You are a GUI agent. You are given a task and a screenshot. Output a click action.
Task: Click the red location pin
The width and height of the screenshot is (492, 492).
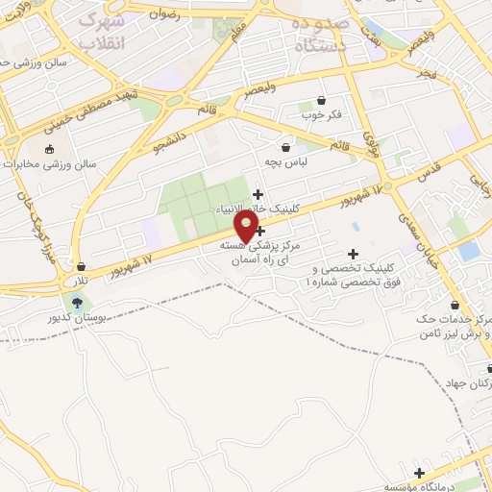[x=247, y=227]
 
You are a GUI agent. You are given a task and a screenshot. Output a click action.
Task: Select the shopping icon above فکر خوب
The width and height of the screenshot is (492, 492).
[x=321, y=100]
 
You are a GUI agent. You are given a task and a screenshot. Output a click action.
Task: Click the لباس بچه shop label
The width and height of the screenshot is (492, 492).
[x=287, y=162]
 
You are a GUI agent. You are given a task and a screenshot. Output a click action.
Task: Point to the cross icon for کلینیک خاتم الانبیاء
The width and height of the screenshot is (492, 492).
[x=258, y=195]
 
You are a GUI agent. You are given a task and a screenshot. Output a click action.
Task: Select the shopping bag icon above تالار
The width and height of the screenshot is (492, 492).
[x=82, y=266]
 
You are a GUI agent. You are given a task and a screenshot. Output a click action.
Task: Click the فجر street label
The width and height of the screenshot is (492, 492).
[x=427, y=72]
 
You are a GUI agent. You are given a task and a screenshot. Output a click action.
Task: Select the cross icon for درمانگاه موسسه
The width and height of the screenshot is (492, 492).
[x=419, y=473]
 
